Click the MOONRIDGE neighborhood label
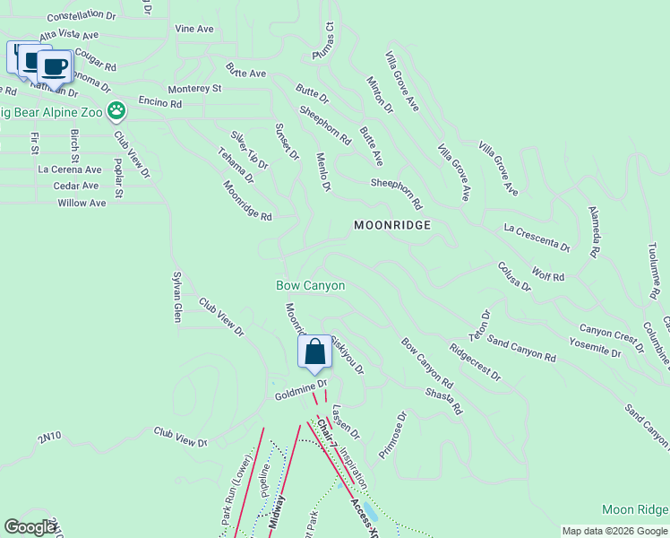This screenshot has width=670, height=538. tap(392, 226)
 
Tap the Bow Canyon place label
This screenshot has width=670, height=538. tap(310, 285)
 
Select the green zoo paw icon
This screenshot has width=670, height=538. tap(116, 111)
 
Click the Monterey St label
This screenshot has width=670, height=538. tap(194, 89)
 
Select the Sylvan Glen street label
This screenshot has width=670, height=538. tap(177, 296)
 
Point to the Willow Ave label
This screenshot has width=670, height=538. tap(82, 204)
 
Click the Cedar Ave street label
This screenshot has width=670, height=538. tap(76, 186)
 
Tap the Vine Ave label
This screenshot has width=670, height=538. tap(194, 29)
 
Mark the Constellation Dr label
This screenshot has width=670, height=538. tap(82, 16)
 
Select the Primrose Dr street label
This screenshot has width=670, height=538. tap(392, 435)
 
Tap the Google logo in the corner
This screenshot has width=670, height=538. tap(30, 527)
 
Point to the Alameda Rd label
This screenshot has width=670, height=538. tap(593, 230)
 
